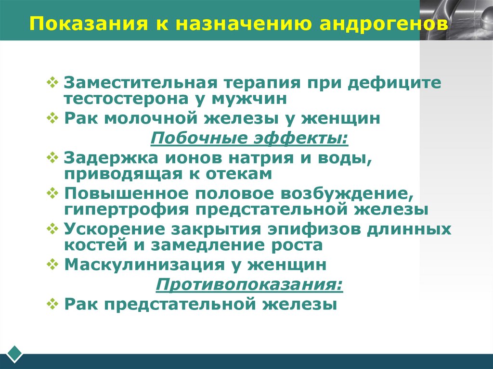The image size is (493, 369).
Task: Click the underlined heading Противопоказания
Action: [x=249, y=284]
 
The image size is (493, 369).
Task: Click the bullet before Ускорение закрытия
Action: [x=52, y=228]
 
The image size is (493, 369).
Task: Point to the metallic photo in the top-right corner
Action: [x=456, y=20]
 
